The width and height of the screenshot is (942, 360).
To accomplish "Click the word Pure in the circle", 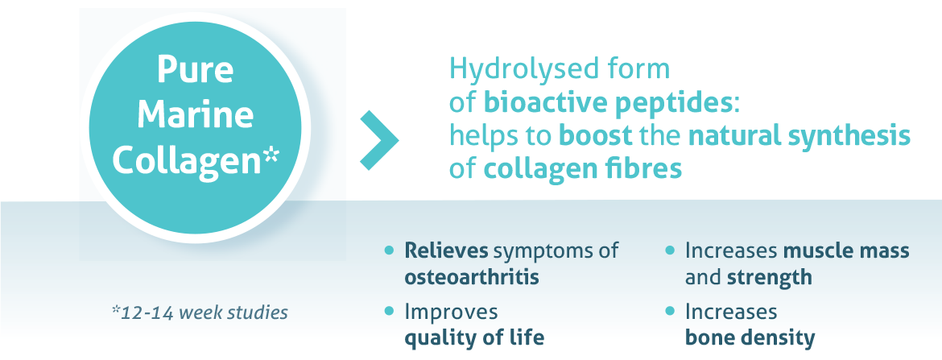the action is click(196, 70).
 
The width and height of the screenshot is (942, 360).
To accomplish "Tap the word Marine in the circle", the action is click(196, 115).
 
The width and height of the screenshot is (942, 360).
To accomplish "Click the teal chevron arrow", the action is click(379, 140).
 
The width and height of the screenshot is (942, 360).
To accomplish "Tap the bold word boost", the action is click(596, 136).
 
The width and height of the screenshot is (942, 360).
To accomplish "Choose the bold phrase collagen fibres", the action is click(583, 169).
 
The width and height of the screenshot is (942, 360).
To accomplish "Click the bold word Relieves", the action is click(444, 250).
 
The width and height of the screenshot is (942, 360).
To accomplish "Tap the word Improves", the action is click(451, 312).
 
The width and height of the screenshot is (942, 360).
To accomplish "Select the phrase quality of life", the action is click(474, 337).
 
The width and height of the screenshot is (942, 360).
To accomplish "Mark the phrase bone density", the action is click(750, 337).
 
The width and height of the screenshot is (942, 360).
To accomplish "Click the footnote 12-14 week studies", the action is click(204, 313).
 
